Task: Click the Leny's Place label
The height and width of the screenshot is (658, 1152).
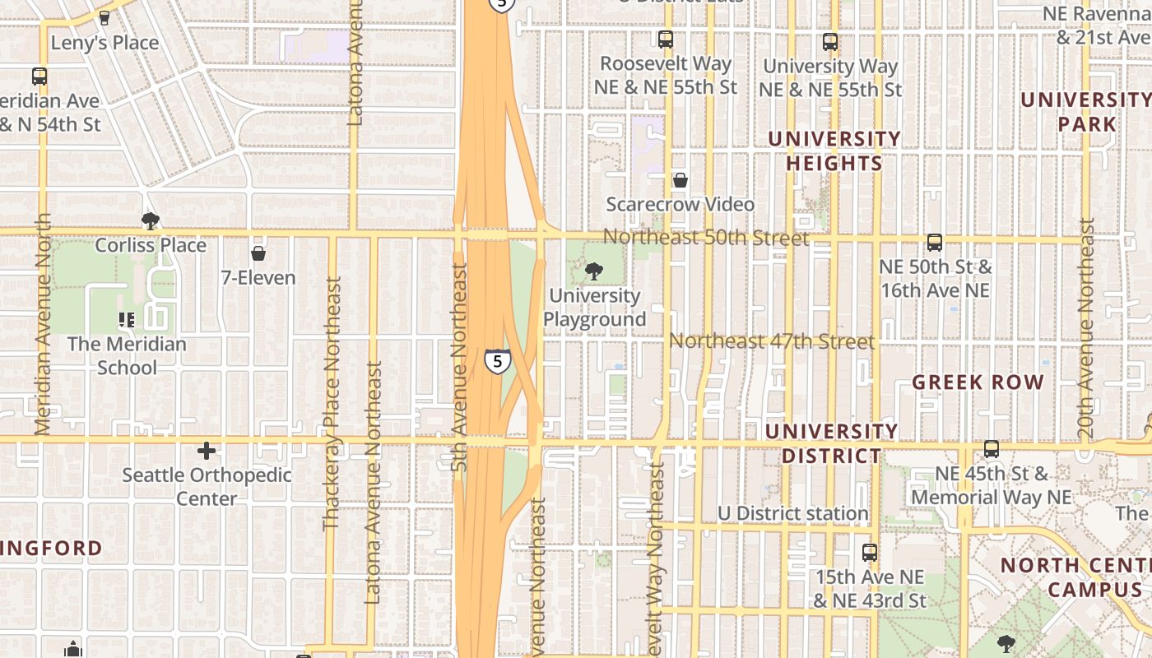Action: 105,42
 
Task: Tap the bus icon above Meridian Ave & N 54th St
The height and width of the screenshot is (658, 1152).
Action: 39,76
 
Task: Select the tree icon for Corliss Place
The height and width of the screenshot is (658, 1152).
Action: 150,220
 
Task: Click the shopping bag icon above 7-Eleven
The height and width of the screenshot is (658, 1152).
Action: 258,253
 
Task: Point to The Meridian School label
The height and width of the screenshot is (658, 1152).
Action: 127,355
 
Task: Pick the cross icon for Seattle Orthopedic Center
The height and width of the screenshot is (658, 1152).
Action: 207,450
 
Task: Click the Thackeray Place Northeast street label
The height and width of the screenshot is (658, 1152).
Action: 332,403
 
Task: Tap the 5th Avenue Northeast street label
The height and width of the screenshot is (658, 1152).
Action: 459,367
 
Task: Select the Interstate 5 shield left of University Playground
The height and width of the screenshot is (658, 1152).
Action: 497,361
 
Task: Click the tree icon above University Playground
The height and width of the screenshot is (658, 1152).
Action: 593,271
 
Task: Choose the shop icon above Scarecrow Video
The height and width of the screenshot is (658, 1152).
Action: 681,179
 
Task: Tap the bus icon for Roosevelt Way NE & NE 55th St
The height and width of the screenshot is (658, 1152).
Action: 666,39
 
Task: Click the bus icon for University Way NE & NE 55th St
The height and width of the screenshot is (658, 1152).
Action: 830,41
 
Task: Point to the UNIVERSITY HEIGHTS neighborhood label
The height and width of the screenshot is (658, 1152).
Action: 834,151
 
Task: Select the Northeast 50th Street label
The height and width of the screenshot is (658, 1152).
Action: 706,238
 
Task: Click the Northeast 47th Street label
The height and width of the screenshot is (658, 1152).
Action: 771,341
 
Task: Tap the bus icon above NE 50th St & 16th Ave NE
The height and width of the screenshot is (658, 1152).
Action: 935,242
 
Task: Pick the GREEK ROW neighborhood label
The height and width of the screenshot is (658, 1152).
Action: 978,382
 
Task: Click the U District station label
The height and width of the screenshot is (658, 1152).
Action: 792,513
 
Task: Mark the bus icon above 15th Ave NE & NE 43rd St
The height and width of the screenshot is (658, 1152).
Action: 870,552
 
